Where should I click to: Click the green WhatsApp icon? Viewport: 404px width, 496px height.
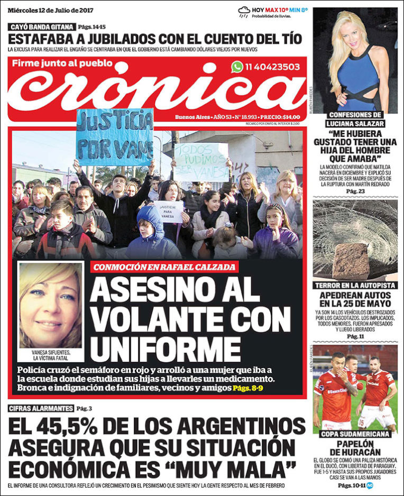[237, 67]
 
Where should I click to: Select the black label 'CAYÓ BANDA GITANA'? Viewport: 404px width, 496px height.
[42, 26]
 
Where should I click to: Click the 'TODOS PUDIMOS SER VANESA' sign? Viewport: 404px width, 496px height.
[201, 161]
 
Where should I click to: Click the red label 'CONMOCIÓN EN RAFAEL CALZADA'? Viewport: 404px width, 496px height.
[163, 267]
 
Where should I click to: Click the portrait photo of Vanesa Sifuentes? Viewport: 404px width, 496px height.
[51, 305]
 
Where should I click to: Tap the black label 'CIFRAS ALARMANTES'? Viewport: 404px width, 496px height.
[41, 408]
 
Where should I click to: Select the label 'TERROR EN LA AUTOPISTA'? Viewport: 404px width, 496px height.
[355, 286]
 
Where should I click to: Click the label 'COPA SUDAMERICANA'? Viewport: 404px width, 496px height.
[355, 434]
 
